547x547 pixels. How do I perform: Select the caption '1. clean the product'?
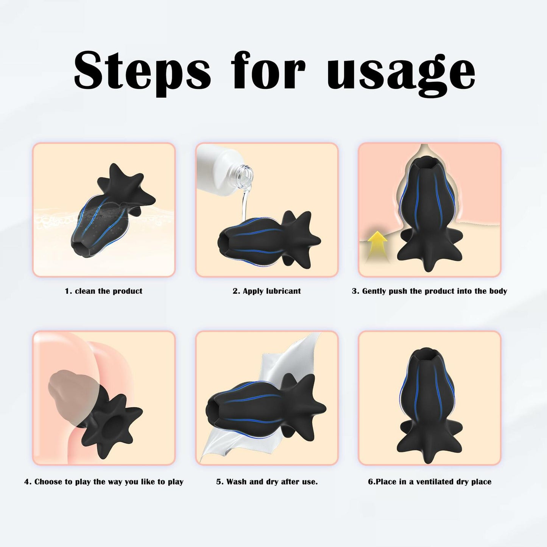tap(103, 291)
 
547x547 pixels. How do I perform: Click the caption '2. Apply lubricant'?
tap(266, 291)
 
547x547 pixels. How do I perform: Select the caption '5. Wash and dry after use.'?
tap(267, 482)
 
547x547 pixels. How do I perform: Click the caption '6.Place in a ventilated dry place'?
tap(430, 482)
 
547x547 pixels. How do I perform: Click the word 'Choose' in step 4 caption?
tap(48, 482)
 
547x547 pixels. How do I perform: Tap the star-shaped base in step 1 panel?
tap(125, 185)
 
